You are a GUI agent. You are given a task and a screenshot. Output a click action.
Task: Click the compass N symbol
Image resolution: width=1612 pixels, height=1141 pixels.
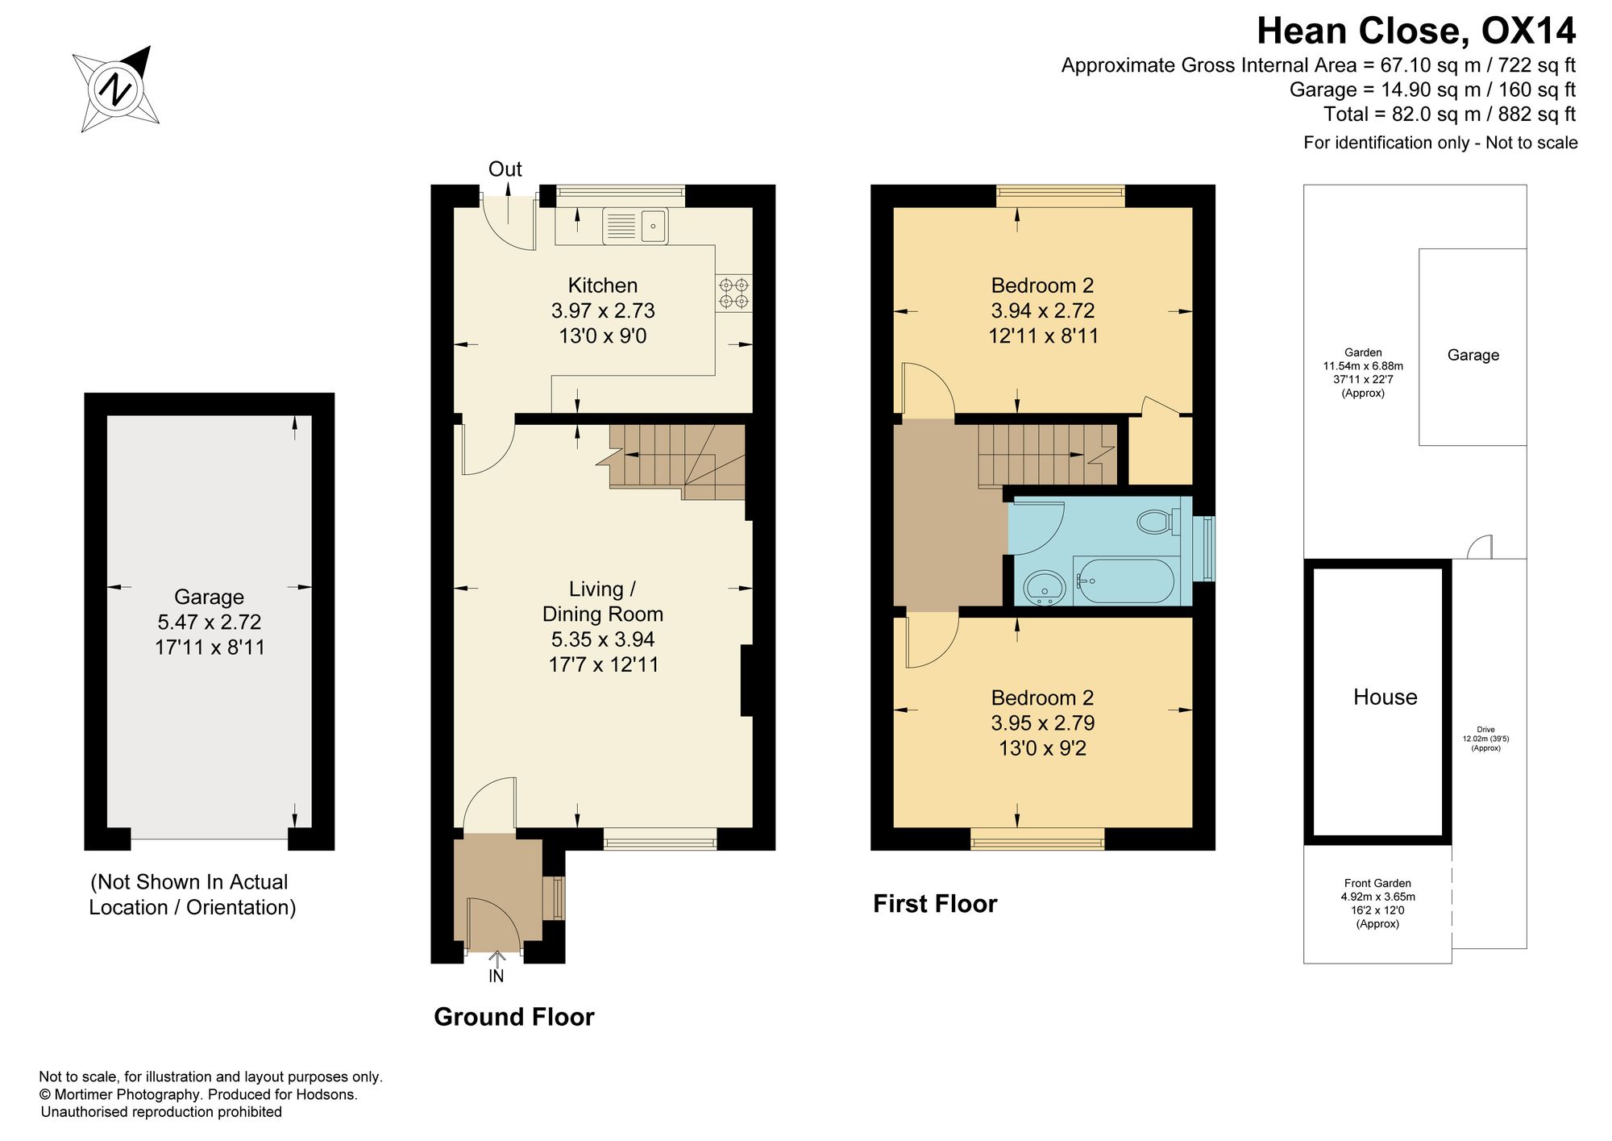point(118,88)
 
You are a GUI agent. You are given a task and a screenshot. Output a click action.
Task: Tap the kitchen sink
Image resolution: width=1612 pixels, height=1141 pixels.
point(635,226)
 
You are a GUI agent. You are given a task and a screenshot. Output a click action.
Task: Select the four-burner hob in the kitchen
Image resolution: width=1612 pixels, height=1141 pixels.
point(733,293)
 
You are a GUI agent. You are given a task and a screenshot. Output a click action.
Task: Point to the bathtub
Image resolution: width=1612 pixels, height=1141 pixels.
point(1124,581)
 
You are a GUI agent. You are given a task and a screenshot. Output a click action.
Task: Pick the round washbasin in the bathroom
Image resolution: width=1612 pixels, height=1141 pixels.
point(1045,587)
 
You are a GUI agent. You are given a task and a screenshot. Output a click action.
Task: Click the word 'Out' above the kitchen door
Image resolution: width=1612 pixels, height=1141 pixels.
point(505,169)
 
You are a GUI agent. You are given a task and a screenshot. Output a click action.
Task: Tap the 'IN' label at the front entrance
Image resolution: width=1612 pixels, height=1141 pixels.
point(496,976)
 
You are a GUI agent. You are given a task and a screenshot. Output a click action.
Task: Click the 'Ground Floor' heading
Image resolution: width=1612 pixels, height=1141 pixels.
point(514,1017)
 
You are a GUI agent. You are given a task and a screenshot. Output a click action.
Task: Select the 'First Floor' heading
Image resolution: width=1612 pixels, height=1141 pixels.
point(935,904)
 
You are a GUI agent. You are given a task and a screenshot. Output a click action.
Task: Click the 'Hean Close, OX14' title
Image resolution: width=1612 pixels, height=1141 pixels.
point(1416,31)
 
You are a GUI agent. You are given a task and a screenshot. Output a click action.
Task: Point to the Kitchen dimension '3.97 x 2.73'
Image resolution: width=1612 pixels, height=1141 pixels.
point(603,310)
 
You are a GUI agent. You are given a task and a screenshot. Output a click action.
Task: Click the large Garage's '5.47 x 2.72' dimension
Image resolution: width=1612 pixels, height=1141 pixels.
point(210,623)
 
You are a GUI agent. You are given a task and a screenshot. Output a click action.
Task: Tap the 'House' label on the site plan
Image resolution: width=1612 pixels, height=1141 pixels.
point(1385,698)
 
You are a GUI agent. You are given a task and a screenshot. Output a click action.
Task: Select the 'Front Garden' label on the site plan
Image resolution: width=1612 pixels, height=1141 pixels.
point(1377,884)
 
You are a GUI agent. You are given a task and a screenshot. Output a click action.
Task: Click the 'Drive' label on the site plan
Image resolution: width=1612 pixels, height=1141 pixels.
point(1485,730)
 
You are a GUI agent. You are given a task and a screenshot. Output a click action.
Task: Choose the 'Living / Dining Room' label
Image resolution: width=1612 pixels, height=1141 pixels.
point(603,602)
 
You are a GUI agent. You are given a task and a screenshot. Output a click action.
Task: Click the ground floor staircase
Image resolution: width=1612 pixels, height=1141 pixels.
point(677,462)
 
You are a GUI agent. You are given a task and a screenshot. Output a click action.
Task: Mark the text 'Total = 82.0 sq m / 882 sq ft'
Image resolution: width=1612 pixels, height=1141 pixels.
point(1449,115)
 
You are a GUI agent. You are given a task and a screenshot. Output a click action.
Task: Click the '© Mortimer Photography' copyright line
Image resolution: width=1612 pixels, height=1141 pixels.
point(199,1095)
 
